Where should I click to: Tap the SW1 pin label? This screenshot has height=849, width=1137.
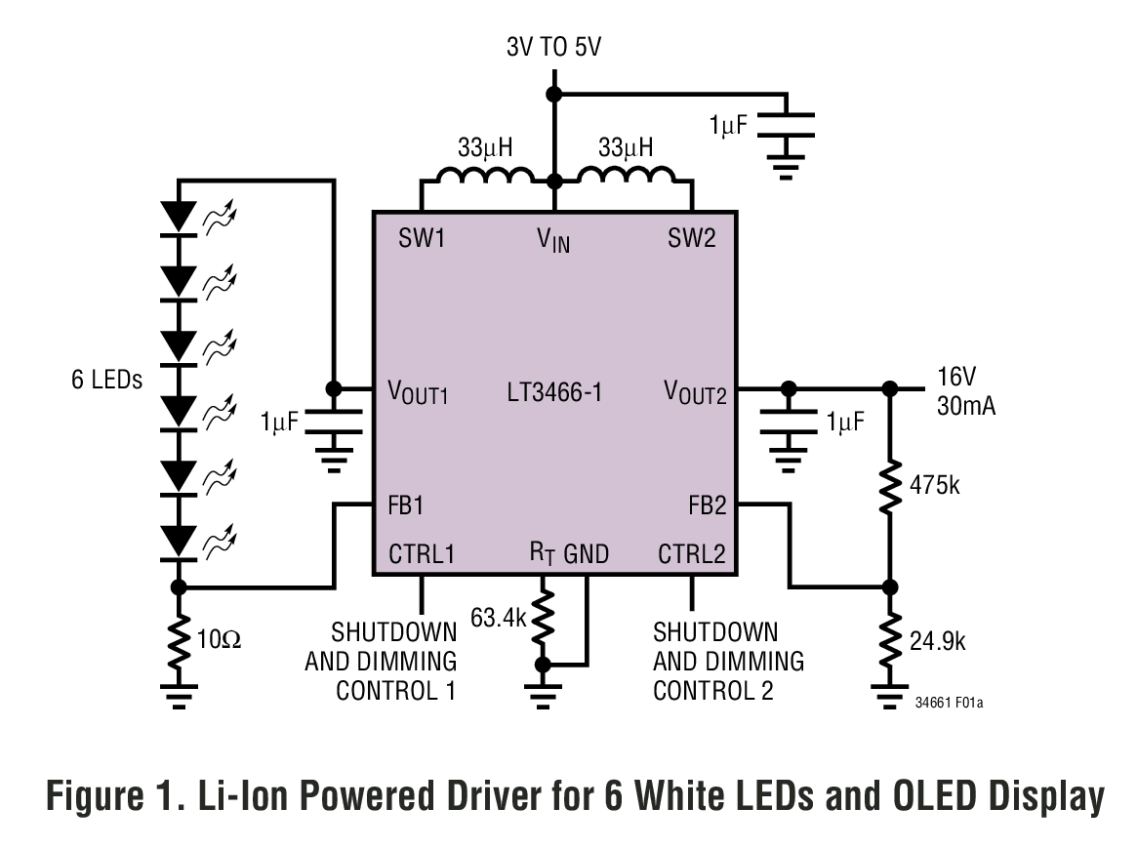pyautogui.click(x=421, y=237)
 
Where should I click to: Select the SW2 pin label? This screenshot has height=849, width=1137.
pyautogui.click(x=691, y=237)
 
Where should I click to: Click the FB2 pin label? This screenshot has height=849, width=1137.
pyautogui.click(x=706, y=505)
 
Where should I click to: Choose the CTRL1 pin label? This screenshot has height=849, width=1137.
pyautogui.click(x=422, y=554)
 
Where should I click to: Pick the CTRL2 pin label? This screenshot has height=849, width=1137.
pyautogui.click(x=691, y=554)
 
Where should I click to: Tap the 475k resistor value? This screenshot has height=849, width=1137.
pyautogui.click(x=935, y=484)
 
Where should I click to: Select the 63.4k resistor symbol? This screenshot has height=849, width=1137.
pyautogui.click(x=543, y=623)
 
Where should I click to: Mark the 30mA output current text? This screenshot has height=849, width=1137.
pyautogui.click(x=966, y=406)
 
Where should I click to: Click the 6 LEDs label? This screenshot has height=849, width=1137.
pyautogui.click(x=106, y=380)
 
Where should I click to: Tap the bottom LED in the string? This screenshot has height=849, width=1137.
pyautogui.click(x=179, y=539)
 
